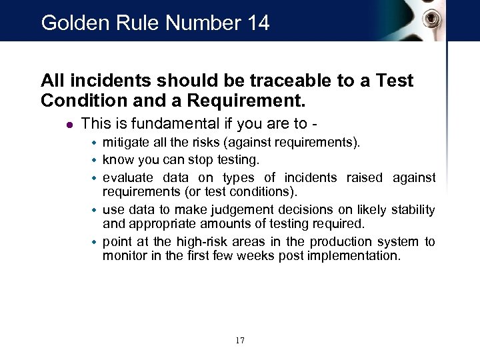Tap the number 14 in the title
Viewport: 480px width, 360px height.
(257, 23)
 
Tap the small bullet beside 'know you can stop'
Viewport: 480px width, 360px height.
(95, 161)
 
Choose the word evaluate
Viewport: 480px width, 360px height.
(127, 177)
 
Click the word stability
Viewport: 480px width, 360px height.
(411, 210)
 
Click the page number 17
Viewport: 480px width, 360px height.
(240, 341)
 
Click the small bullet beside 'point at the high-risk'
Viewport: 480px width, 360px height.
(95, 242)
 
